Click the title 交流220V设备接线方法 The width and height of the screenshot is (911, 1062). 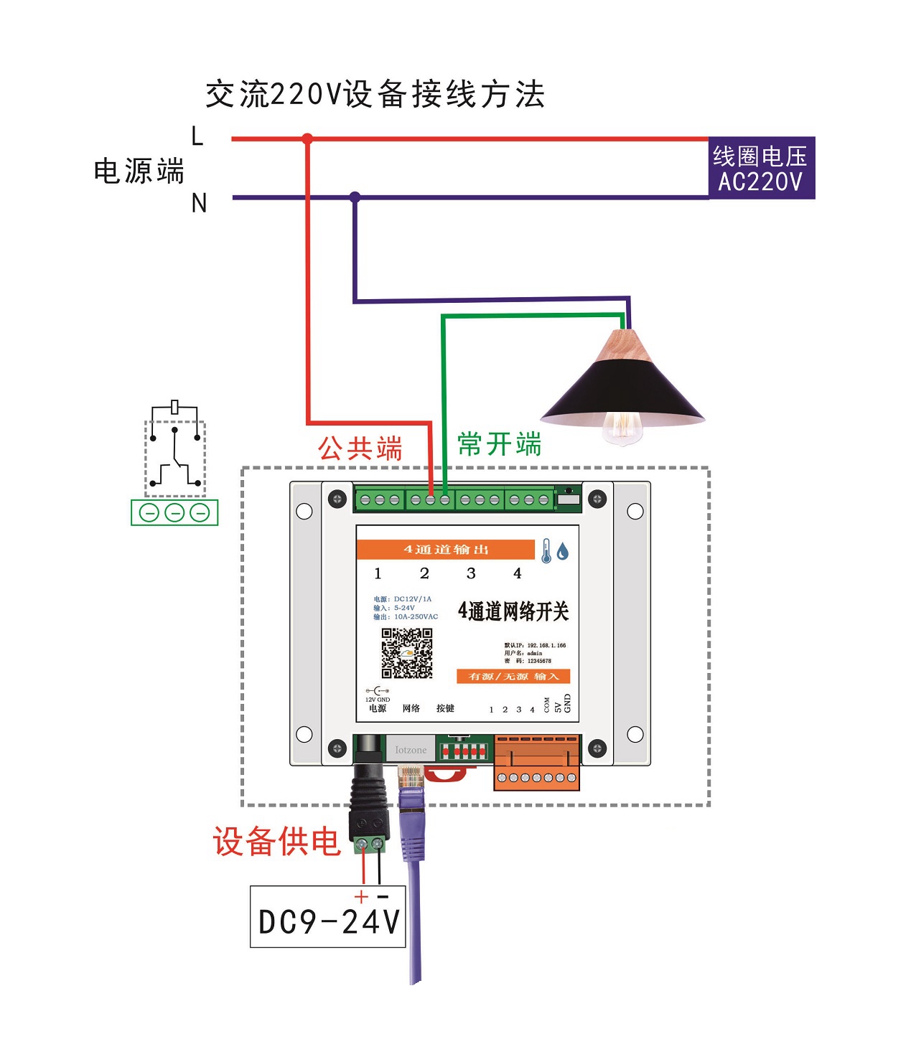[375, 95]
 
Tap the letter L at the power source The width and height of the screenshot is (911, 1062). [197, 136]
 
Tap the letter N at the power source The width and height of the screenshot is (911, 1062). [199, 203]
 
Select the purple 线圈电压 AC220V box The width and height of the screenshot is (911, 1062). [761, 168]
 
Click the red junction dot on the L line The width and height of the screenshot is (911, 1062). [307, 138]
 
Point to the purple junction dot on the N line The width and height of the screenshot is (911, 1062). [355, 197]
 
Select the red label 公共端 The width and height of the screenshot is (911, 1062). [360, 448]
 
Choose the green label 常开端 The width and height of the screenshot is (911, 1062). [500, 444]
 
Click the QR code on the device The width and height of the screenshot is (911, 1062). [406, 653]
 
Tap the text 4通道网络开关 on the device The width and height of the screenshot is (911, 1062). [513, 611]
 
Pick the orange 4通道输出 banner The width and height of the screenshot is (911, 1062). [446, 550]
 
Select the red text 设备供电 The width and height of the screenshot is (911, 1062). [276, 841]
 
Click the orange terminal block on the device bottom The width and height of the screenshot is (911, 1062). [536, 762]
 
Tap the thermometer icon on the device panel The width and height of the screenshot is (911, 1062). [546, 551]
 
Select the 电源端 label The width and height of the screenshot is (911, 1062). [139, 171]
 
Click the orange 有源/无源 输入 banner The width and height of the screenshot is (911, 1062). [513, 677]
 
